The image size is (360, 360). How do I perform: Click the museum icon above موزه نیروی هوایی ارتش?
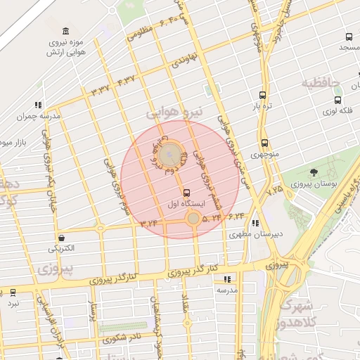tap(65, 31)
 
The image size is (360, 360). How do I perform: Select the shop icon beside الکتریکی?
tap(63, 238)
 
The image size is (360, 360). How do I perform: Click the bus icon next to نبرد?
tap(13, 292)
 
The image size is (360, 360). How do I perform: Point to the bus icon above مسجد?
tap(348, 37)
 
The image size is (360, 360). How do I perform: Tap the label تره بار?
tap(262, 106)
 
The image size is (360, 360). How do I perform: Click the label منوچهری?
tap(264, 153)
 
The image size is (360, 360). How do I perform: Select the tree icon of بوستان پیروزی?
tap(313, 172)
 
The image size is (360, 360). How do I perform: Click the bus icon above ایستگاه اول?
tap(186, 192)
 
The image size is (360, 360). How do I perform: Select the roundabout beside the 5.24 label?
tap(193, 219)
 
